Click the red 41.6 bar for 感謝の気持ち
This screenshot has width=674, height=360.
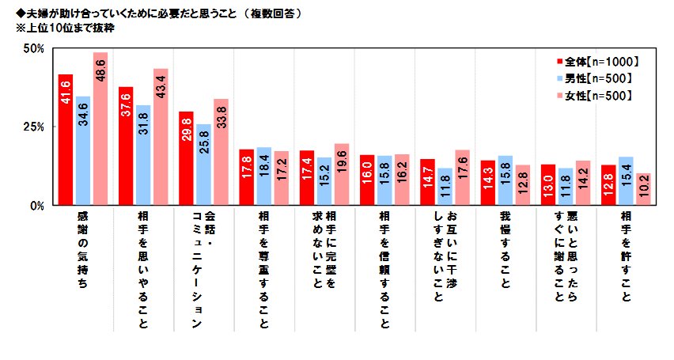(66, 139)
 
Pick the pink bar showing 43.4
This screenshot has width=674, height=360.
(161, 137)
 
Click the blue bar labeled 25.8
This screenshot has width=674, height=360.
(203, 165)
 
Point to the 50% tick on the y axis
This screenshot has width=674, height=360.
(33, 48)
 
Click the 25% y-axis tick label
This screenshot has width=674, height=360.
(33, 127)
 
